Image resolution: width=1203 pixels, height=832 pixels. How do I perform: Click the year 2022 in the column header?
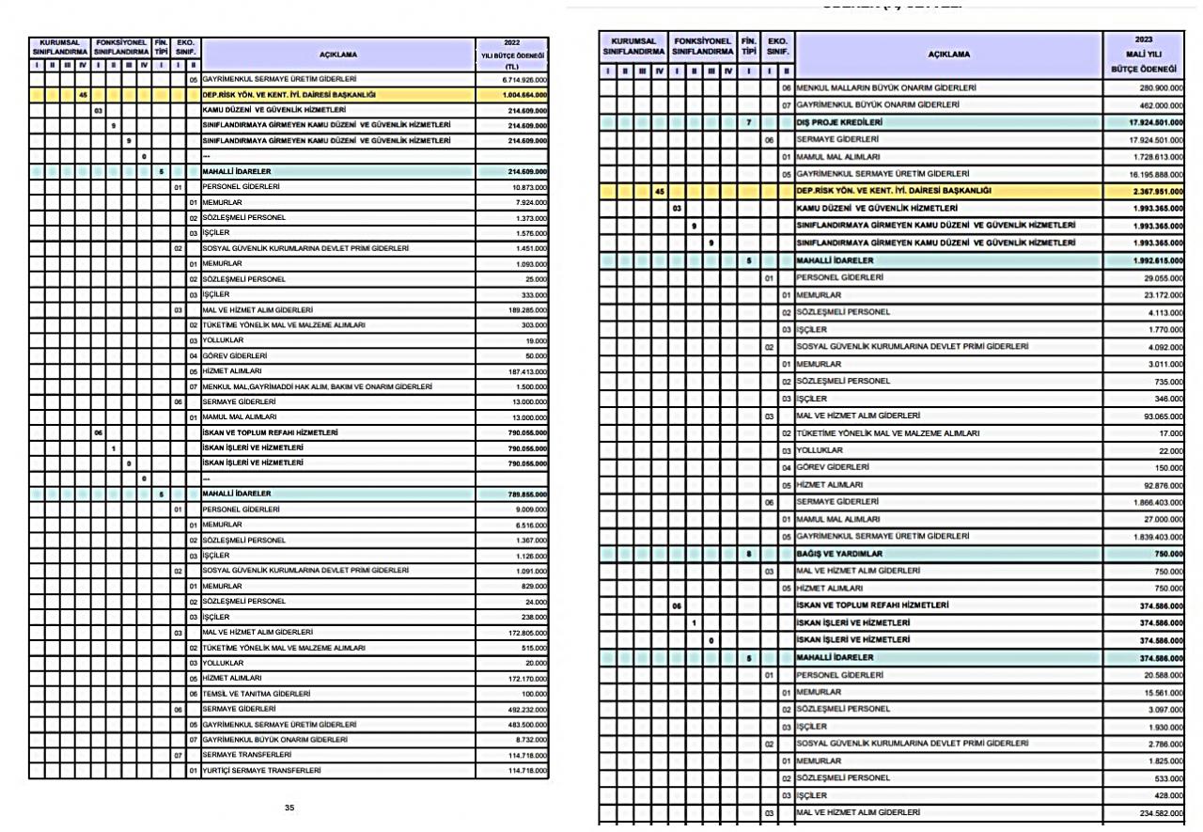511,42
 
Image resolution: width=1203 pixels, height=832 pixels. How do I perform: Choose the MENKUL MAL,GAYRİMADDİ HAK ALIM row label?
317,386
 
